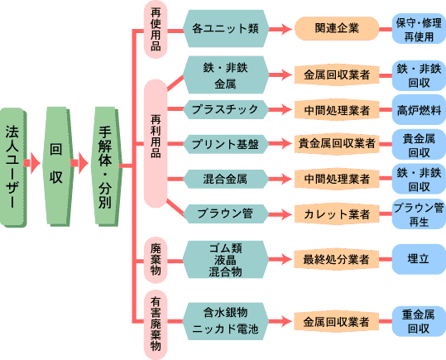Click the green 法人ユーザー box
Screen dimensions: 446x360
coord(13,167)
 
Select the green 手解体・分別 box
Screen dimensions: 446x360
coord(107,167)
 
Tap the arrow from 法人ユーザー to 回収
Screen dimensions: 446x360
coord(31,163)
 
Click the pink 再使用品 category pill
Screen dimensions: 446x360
coord(156,29)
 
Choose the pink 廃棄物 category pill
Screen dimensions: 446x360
coord(156,260)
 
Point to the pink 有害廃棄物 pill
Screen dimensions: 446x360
coord(156,324)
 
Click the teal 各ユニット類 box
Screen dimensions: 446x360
coord(225,28)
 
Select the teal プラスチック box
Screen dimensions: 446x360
coord(225,109)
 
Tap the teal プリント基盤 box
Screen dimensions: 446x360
coord(225,144)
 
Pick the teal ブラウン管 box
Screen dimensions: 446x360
coord(225,214)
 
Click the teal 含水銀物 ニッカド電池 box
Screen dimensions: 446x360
coord(225,321)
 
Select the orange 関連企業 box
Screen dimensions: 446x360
coord(337,28)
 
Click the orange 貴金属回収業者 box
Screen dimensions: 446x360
coord(337,143)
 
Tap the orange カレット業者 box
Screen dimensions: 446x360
coord(337,214)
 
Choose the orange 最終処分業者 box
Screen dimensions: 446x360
coord(336,259)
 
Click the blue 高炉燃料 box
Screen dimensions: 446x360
coord(419,110)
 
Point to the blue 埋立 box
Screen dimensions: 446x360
coord(419,259)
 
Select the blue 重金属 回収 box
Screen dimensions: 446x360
coord(419,322)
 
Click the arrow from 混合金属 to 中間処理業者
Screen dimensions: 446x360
coord(281,179)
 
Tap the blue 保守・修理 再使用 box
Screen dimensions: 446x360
coord(419,29)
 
